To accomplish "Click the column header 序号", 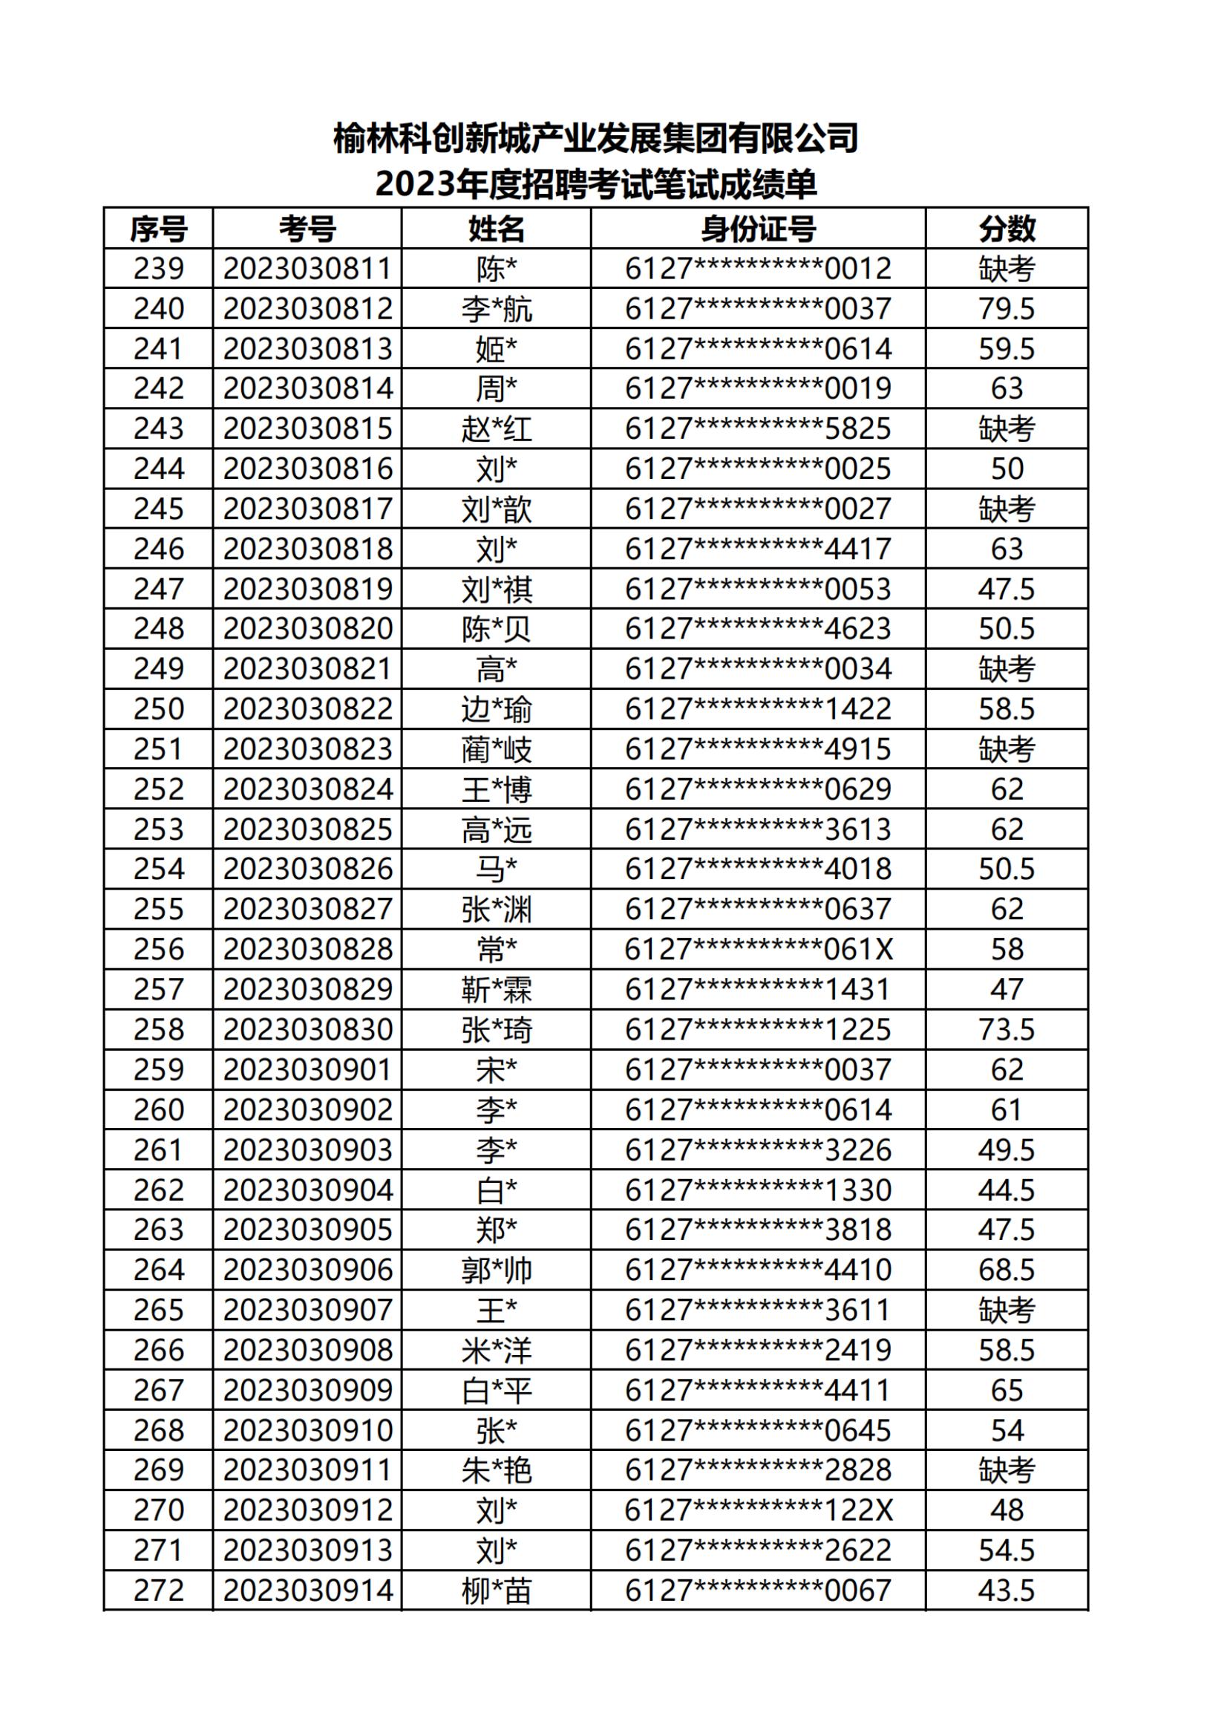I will pyautogui.click(x=158, y=229).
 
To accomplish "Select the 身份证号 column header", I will pyautogui.click(x=758, y=229).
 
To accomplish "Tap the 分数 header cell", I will pyautogui.click(x=1007, y=229).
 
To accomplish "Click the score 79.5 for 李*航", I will pyautogui.click(x=1007, y=308).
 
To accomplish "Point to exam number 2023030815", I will pyautogui.click(x=308, y=428).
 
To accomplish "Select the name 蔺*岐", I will pyautogui.click(x=497, y=749).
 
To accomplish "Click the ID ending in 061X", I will pyautogui.click(x=758, y=950).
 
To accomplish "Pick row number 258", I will pyautogui.click(x=158, y=1030).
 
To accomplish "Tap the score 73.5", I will pyautogui.click(x=1007, y=1030).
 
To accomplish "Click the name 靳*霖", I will pyautogui.click(x=497, y=990).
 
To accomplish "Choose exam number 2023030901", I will pyautogui.click(x=308, y=1070).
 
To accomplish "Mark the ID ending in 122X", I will pyautogui.click(x=758, y=1510).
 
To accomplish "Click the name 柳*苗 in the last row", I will pyautogui.click(x=497, y=1590).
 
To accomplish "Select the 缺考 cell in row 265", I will pyautogui.click(x=1007, y=1311).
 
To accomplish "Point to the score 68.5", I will pyautogui.click(x=1007, y=1270).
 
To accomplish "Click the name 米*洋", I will pyautogui.click(x=497, y=1351).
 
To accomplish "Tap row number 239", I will pyautogui.click(x=158, y=268).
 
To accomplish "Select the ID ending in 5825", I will pyautogui.click(x=758, y=428).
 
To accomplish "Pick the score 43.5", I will pyautogui.click(x=1007, y=1590).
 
